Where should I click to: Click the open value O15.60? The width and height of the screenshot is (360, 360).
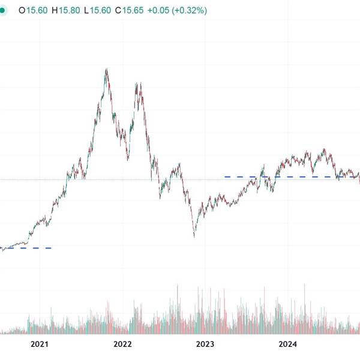click(32, 11)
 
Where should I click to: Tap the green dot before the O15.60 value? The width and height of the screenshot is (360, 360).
click(2, 11)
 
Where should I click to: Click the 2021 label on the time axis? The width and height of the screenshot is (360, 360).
click(40, 344)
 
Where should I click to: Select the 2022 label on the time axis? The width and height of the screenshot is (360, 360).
click(122, 344)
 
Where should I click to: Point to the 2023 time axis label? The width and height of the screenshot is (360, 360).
click(205, 344)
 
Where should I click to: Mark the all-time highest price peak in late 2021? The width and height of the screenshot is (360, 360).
click(106, 69)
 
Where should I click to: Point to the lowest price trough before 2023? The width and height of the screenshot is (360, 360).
click(194, 236)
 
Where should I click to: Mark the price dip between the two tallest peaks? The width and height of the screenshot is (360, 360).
click(128, 160)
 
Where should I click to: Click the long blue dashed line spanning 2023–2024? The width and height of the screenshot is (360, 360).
click(288, 176)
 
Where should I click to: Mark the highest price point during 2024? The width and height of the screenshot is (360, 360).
click(325, 149)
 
